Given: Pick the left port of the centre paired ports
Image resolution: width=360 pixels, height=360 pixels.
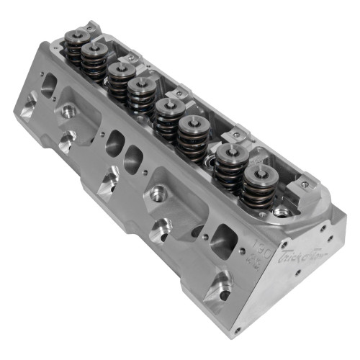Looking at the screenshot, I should click(114, 142).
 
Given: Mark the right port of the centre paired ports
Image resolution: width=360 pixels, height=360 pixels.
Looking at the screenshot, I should click(135, 155).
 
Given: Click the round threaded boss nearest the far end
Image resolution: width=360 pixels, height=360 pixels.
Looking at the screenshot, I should click(69, 112).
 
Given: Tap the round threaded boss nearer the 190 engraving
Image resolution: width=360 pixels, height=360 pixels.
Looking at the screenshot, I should click(158, 192).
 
